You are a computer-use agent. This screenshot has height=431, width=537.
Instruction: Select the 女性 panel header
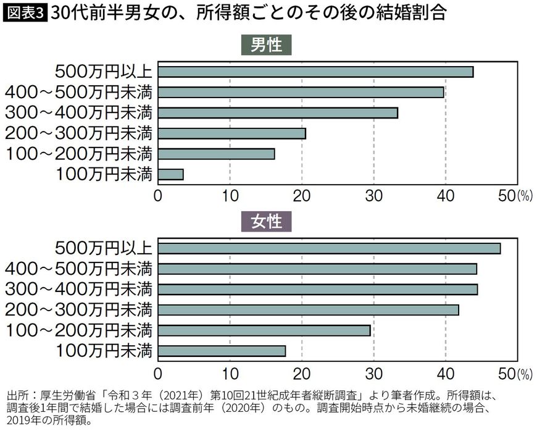click(x=266, y=222)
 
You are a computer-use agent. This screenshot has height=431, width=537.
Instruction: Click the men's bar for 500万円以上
click(x=315, y=72)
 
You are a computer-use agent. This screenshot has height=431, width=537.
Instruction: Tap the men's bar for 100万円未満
click(x=170, y=174)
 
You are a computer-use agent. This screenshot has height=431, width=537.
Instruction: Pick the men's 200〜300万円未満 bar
click(x=231, y=133)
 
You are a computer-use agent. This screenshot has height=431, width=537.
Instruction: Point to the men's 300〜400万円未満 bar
click(x=278, y=113)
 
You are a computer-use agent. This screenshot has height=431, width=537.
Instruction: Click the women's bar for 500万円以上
click(x=329, y=249)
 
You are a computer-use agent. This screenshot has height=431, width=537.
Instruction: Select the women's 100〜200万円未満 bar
click(x=264, y=330)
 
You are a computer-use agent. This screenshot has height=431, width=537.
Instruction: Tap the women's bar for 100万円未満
click(x=222, y=351)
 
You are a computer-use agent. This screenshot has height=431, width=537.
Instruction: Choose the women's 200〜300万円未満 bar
click(x=308, y=310)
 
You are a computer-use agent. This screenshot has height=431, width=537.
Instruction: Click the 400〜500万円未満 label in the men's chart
click(x=78, y=92)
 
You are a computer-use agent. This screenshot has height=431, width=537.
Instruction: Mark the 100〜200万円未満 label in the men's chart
click(x=78, y=154)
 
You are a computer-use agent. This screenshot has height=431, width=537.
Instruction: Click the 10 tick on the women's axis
click(x=230, y=372)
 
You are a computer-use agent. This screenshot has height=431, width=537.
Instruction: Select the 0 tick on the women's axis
click(x=158, y=372)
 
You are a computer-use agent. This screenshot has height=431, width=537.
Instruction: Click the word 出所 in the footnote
click(x=17, y=394)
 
